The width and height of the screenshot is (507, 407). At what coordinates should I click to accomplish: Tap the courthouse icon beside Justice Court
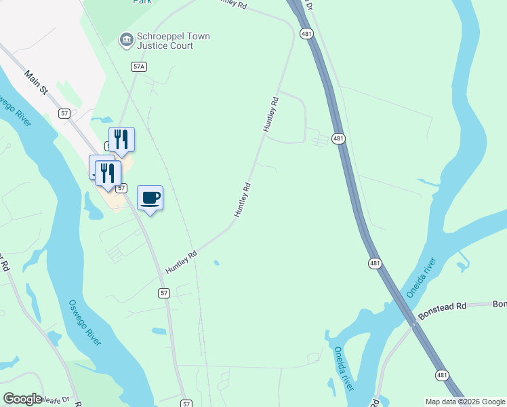tap(126, 41)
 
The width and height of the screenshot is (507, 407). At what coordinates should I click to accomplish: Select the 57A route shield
tap(139, 66)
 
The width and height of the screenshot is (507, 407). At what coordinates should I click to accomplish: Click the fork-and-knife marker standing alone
tap(121, 139)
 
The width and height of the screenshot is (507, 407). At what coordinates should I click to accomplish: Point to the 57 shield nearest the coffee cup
tap(121, 187)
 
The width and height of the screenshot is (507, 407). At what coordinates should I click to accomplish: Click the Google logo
tap(22, 399)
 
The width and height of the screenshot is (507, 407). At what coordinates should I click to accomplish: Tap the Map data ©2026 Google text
tap(465, 402)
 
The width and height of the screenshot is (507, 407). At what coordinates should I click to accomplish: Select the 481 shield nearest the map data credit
tap(442, 375)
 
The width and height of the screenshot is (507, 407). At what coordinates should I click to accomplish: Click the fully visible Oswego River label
tap(85, 322)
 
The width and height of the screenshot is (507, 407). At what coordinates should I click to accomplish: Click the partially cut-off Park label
tap(142, 2)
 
